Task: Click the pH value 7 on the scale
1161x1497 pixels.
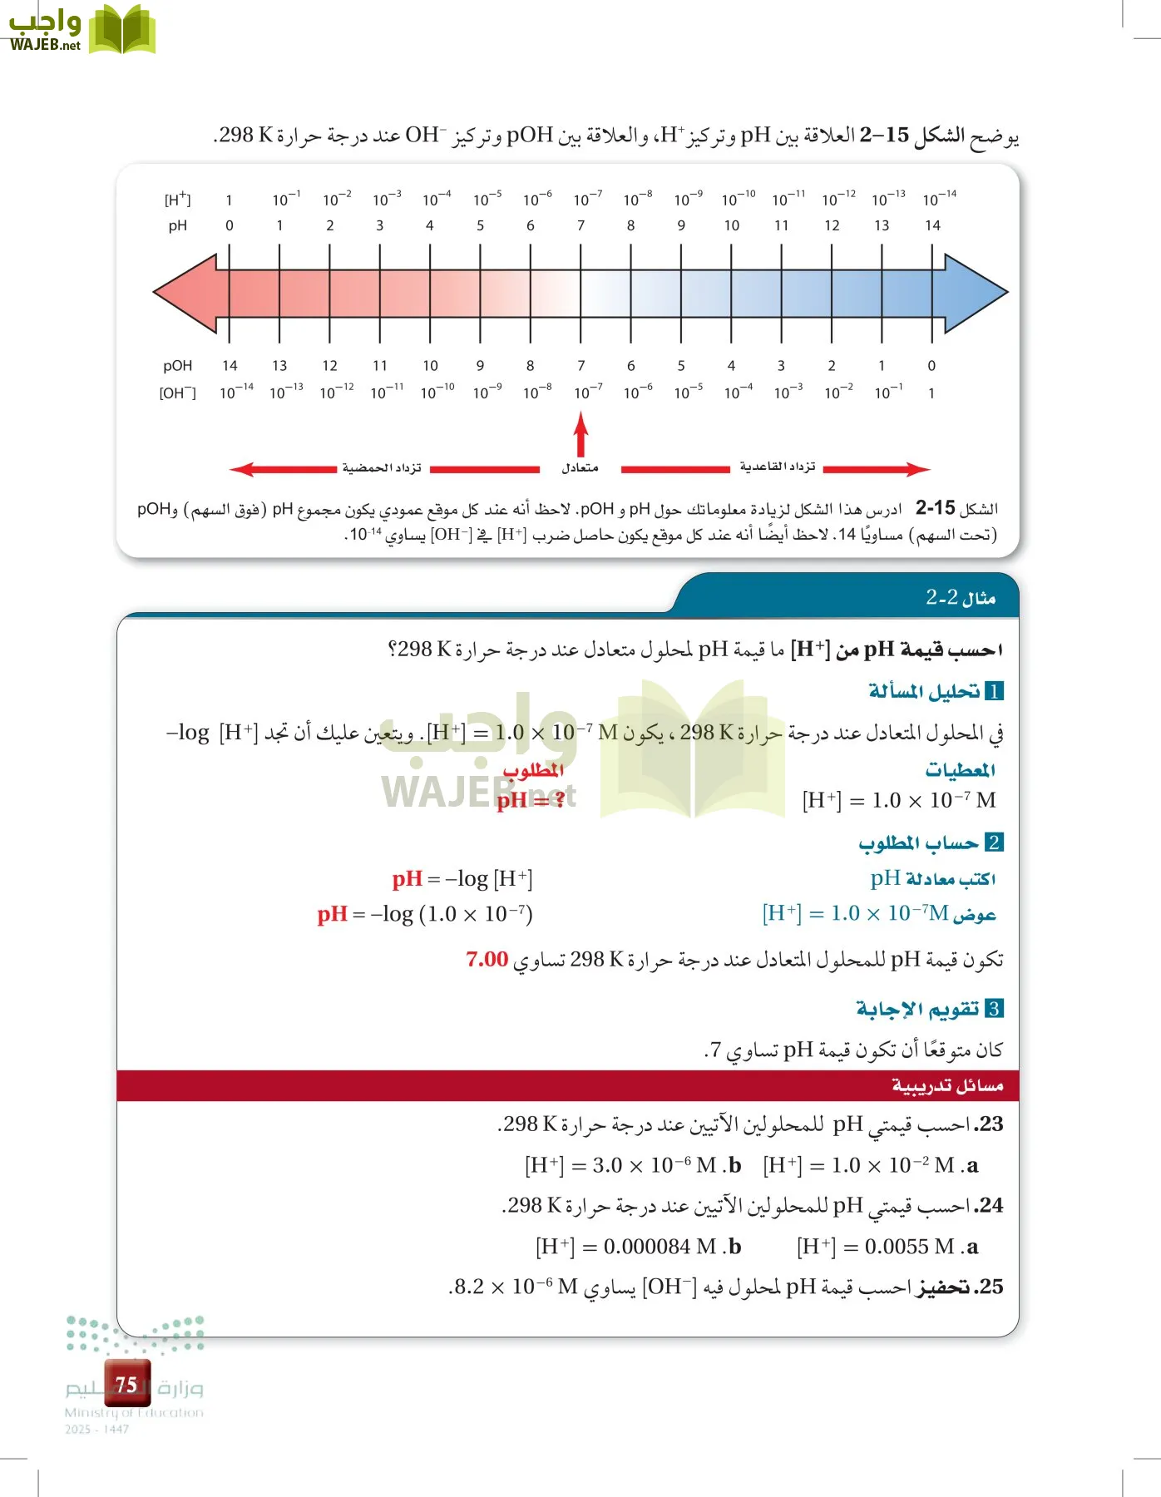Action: click(580, 225)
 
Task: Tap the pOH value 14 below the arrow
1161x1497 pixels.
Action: click(230, 366)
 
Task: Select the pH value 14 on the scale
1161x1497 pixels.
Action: click(932, 225)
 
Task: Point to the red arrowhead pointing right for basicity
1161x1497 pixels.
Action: click(918, 469)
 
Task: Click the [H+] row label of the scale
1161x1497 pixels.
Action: click(177, 200)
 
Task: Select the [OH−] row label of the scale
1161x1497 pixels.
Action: click(177, 393)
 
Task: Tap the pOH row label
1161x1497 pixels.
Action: click(177, 366)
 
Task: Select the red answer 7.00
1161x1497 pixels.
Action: click(487, 959)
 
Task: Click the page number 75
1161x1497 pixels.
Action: click(126, 1384)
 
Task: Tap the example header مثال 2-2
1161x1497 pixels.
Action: click(961, 597)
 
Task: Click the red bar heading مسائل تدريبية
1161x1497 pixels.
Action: click(947, 1085)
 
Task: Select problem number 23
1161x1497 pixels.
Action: click(989, 1124)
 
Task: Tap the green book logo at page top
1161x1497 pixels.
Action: click(121, 31)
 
